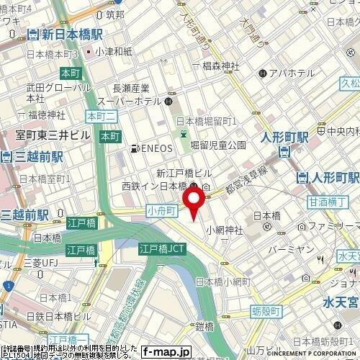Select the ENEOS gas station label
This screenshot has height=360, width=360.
[153, 149]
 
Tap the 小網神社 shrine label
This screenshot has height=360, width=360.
[227, 230]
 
